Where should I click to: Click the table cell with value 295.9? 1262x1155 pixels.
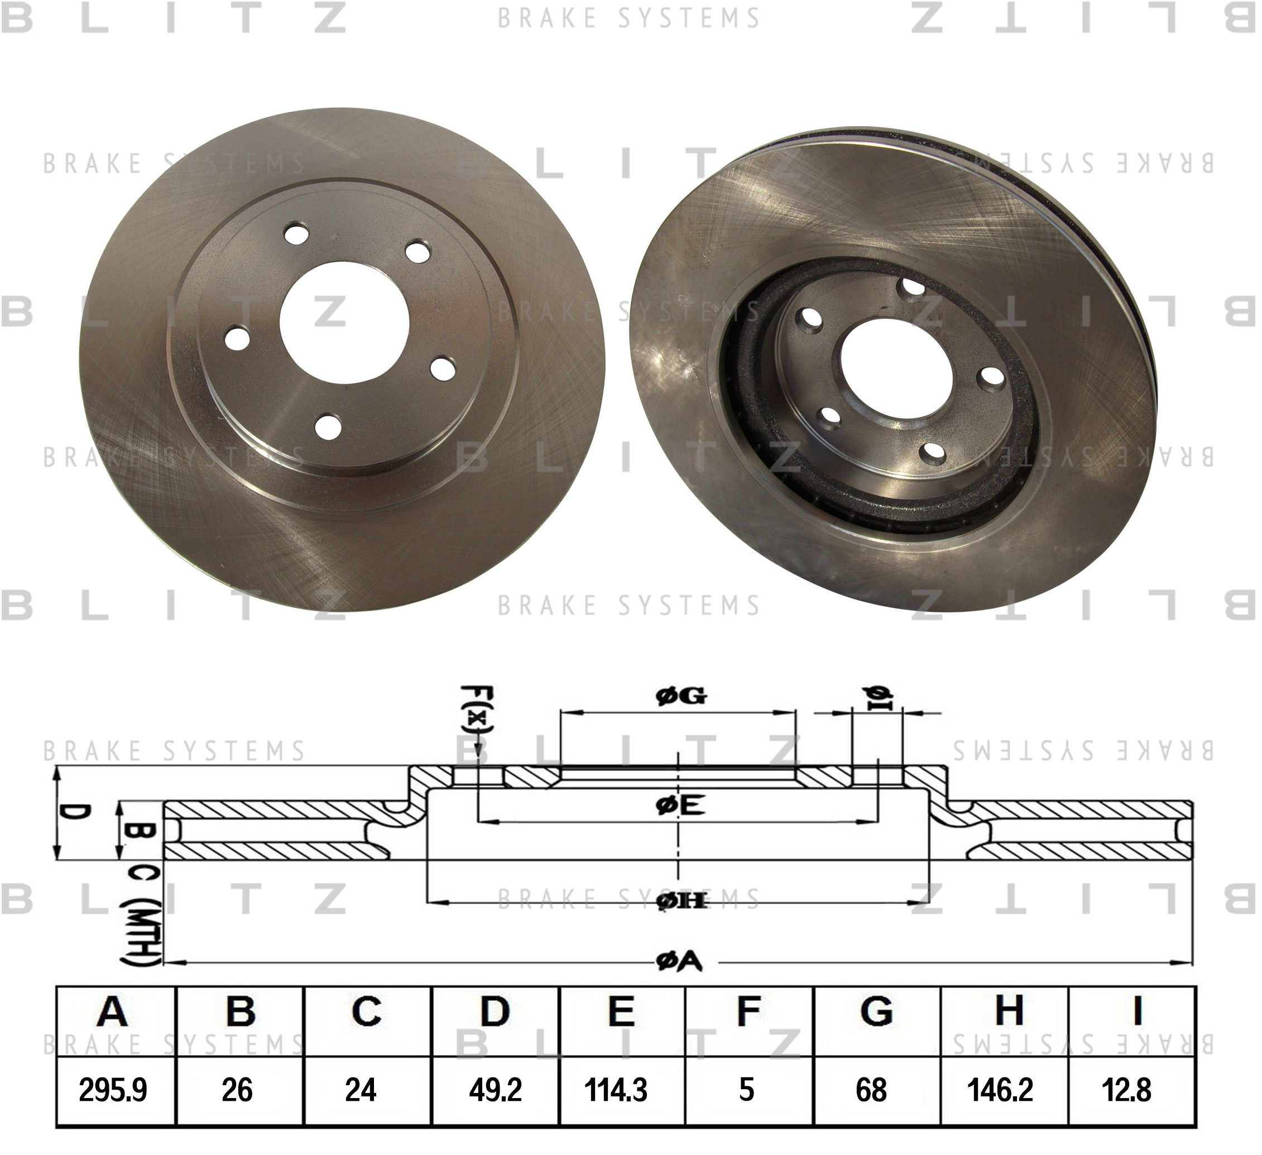pos(113,1090)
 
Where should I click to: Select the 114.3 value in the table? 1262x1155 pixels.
pos(616,1090)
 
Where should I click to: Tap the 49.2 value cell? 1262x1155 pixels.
pos(495,1090)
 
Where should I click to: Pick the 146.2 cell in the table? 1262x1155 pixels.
pos(1000,1090)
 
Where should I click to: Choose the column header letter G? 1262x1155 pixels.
pos(876,1011)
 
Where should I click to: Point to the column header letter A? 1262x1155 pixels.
pos(113,1011)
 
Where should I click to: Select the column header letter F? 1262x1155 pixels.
pos(748,1011)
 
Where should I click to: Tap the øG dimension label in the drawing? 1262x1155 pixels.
pos(681,696)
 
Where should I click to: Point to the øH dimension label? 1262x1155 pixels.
pos(681,902)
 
